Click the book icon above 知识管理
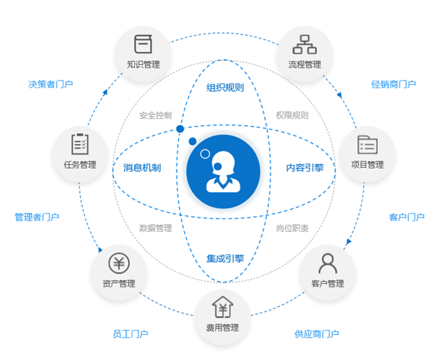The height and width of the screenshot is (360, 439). pyautogui.click(x=143, y=44)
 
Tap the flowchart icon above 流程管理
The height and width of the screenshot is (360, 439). pyautogui.click(x=305, y=44)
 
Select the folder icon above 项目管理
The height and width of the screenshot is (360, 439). pyautogui.click(x=367, y=145)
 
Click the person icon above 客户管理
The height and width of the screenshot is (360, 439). pyautogui.click(x=327, y=263)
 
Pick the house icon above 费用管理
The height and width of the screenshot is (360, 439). pyautogui.click(x=222, y=306)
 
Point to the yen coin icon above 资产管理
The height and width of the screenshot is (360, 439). pyautogui.click(x=119, y=263)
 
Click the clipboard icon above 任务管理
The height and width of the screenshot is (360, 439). pyautogui.click(x=80, y=144)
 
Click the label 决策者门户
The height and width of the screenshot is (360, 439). pyautogui.click(x=51, y=84)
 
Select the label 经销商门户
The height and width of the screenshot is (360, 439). pyautogui.click(x=393, y=84)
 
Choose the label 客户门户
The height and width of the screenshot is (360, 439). pyautogui.click(x=407, y=217)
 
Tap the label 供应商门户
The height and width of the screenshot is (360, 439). pyautogui.click(x=317, y=334)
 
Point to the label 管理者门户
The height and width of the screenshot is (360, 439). pyautogui.click(x=37, y=217)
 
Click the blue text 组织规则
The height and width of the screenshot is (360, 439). pyautogui.click(x=225, y=88)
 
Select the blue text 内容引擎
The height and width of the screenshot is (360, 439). pyautogui.click(x=305, y=167)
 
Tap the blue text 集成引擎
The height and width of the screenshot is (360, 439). pyautogui.click(x=225, y=258)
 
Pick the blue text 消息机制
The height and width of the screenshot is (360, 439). pyautogui.click(x=142, y=167)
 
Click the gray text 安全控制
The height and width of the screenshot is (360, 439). pyautogui.click(x=155, y=116)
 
